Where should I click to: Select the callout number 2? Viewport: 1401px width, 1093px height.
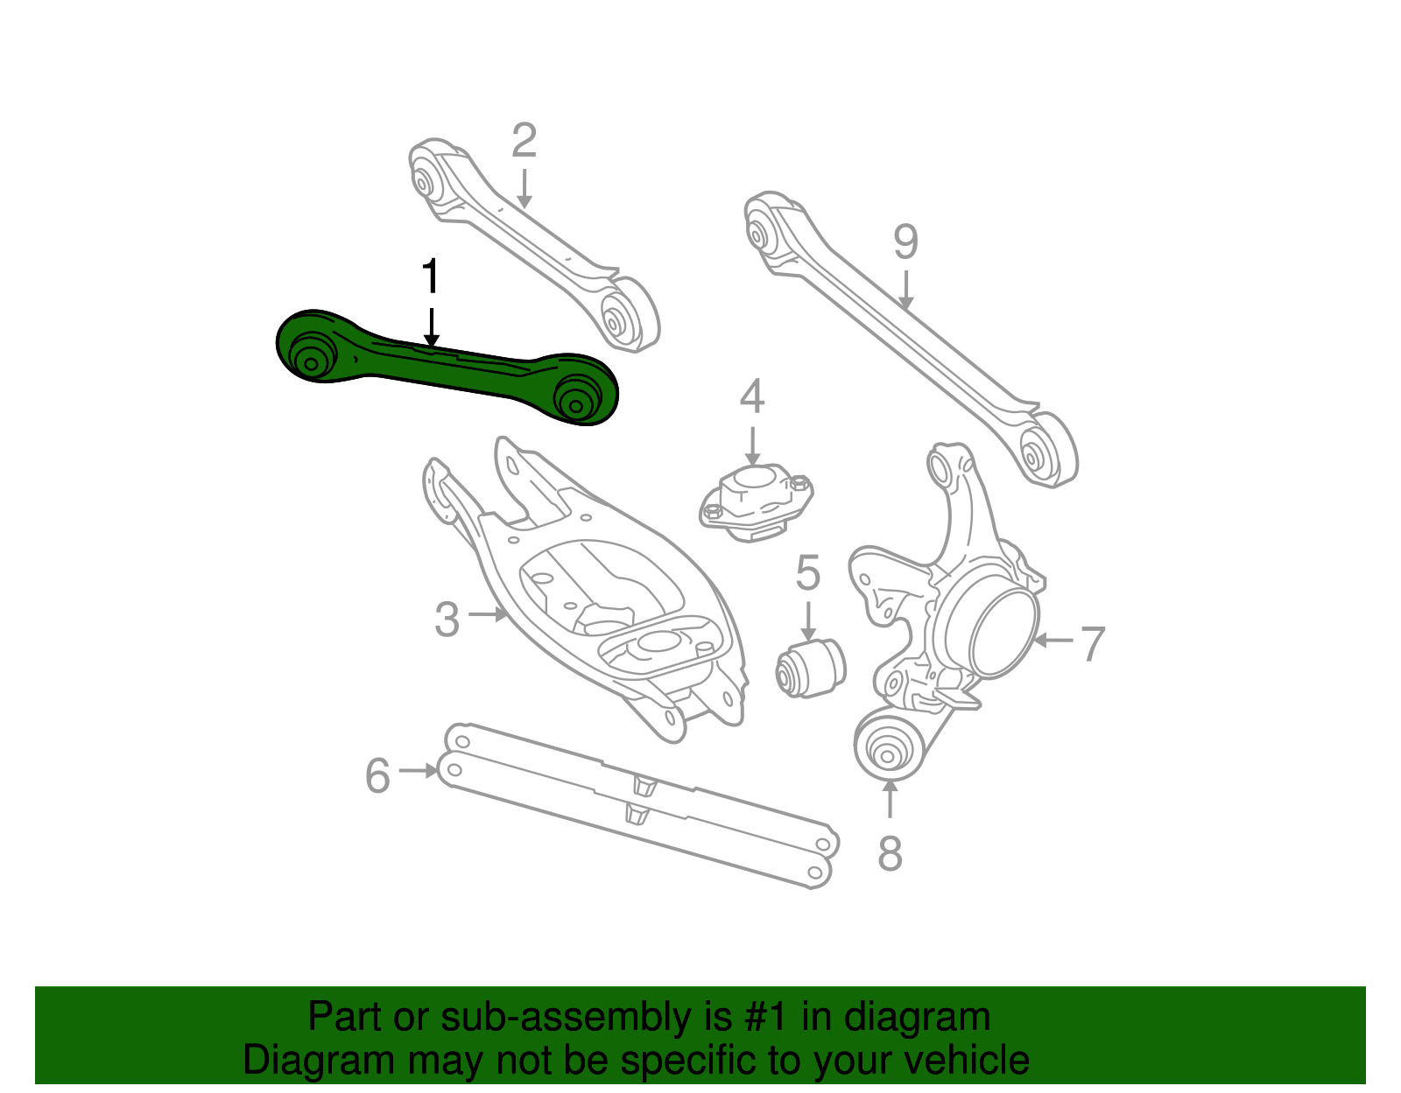click(x=524, y=140)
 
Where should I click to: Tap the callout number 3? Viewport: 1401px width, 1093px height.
click(x=447, y=620)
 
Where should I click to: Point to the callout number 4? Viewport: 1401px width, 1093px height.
click(x=752, y=396)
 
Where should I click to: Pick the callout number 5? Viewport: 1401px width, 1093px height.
click(x=808, y=572)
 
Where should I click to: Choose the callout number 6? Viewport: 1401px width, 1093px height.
click(x=377, y=775)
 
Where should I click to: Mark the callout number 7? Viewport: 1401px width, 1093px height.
click(x=1093, y=643)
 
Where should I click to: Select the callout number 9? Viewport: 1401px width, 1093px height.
click(x=906, y=242)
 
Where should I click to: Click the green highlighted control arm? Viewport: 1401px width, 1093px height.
click(x=447, y=368)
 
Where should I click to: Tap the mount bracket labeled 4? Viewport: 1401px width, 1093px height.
click(x=756, y=504)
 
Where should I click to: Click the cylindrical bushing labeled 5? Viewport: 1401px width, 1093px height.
click(x=811, y=668)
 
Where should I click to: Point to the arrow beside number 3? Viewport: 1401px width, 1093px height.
click(x=488, y=614)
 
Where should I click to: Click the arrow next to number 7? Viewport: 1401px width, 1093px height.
click(x=1053, y=641)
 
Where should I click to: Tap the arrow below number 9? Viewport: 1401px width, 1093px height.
click(x=906, y=291)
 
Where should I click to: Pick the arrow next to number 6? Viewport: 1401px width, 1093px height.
click(x=419, y=770)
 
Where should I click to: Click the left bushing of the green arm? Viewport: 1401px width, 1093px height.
click(x=312, y=360)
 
